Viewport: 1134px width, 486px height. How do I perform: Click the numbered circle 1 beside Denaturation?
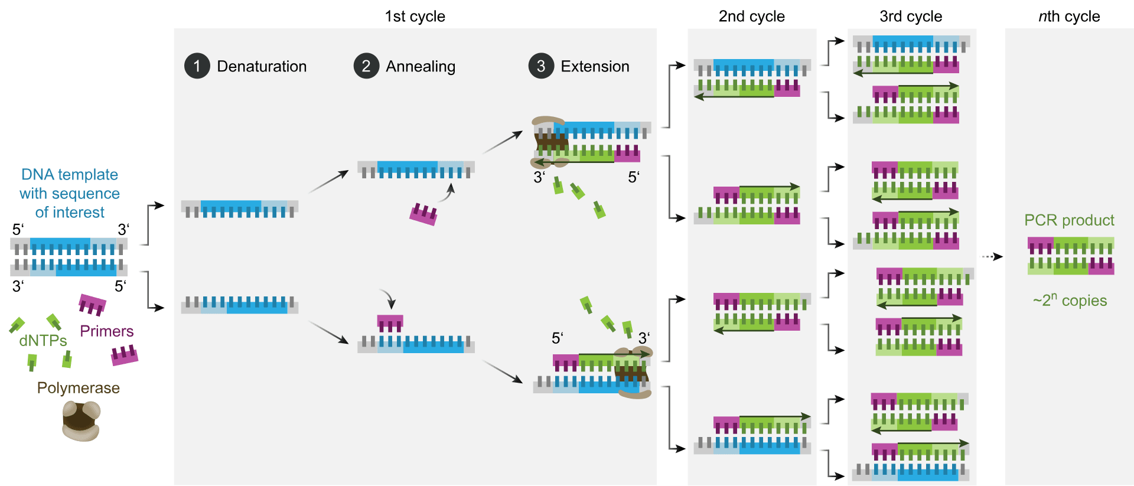click(197, 66)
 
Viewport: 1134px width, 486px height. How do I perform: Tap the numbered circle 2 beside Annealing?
click(366, 66)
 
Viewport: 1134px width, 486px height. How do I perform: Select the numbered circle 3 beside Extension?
click(541, 66)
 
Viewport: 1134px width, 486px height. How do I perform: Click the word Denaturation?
click(262, 66)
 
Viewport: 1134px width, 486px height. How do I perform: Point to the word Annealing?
click(421, 66)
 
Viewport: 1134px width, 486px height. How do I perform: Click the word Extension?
click(595, 66)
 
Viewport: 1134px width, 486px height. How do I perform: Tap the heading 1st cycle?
click(415, 17)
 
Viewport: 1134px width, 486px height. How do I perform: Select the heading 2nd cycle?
click(751, 17)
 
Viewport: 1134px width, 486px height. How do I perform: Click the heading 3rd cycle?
click(911, 17)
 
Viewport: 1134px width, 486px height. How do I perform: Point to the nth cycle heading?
click(1068, 17)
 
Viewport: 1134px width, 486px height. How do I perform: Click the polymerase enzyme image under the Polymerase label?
click(81, 420)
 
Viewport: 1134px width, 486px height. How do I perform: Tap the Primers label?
click(106, 331)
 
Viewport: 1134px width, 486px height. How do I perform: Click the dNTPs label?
click(43, 341)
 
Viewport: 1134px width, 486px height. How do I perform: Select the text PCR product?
click(1068, 220)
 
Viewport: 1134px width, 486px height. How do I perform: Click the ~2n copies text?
click(1069, 300)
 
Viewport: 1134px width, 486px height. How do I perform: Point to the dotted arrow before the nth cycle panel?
click(992, 256)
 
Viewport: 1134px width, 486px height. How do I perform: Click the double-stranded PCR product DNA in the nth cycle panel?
click(1070, 256)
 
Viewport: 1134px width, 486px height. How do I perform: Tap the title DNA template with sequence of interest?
click(70, 193)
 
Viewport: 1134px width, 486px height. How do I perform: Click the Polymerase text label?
click(78, 388)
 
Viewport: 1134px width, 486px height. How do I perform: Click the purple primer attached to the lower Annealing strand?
click(390, 324)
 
